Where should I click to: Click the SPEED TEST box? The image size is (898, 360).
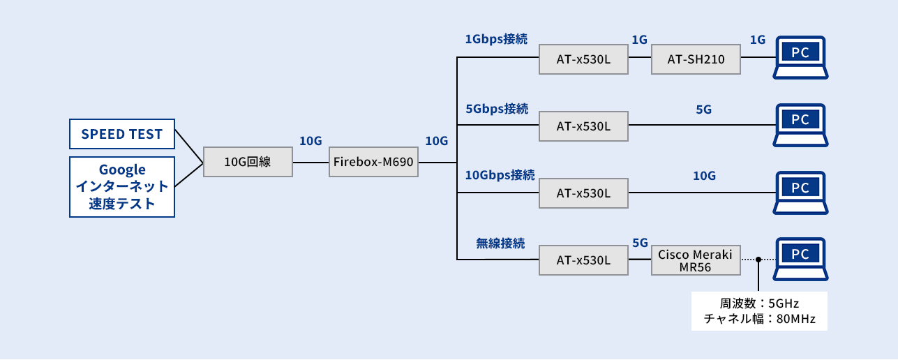tap(122, 134)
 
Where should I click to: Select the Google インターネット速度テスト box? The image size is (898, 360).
tap(122, 186)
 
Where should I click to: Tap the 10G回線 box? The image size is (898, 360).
tap(248, 163)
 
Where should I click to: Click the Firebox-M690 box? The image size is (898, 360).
tap(373, 163)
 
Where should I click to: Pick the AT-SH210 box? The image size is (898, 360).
tap(695, 59)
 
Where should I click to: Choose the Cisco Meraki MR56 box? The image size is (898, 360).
tap(695, 260)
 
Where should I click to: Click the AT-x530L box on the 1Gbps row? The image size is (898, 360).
tap(583, 59)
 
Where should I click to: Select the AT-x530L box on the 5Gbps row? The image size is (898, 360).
tap(583, 126)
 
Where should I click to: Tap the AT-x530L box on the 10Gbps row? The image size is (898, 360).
tap(583, 193)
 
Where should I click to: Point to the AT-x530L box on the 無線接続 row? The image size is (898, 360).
tap(583, 260)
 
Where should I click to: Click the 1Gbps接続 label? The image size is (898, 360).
tap(496, 40)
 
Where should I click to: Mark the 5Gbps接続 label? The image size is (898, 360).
tap(496, 108)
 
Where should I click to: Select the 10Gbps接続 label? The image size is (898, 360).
tap(500, 174)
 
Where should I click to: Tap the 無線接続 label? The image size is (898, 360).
tap(500, 243)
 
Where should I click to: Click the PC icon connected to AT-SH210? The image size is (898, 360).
tap(800, 56)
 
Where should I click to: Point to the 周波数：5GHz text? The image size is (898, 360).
tap(759, 304)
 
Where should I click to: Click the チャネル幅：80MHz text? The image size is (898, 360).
tap(759, 320)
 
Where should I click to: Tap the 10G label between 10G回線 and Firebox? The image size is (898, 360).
tap(310, 141)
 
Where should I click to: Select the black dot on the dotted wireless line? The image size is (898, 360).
tap(757, 260)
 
